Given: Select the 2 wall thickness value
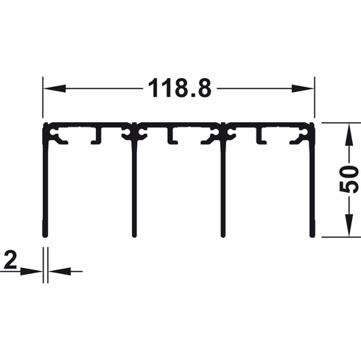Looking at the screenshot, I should pyautogui.click(x=10, y=259).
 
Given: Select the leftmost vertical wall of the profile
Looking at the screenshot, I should pyautogui.click(x=45, y=184).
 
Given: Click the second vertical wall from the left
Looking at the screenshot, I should pyautogui.click(x=133, y=184).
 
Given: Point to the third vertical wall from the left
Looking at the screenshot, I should pyautogui.click(x=222, y=184).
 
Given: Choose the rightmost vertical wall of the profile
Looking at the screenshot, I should pyautogui.click(x=312, y=184).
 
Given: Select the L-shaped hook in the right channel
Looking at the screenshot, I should pyautogui.click(x=259, y=137).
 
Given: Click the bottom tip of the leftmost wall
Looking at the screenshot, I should pyautogui.click(x=45, y=236).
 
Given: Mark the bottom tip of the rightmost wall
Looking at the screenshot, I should pyautogui.click(x=312, y=236).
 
